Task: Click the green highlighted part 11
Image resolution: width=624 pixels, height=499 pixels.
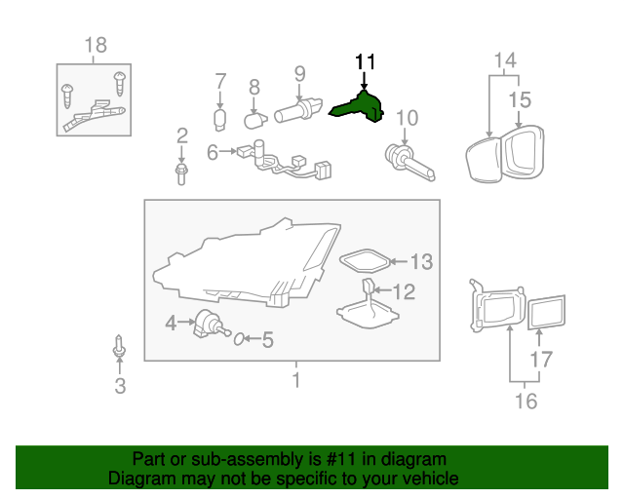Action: point(359,106)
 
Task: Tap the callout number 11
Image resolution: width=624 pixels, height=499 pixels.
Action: point(365,61)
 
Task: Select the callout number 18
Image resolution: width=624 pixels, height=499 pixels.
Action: point(96,45)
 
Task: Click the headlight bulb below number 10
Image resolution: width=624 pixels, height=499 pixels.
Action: point(409,160)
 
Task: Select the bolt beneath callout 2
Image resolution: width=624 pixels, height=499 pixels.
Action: point(181,173)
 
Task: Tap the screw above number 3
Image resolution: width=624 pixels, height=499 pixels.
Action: point(119,348)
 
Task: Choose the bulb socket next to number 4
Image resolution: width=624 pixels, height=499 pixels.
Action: point(206,323)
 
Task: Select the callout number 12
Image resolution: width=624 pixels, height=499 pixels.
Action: point(403,290)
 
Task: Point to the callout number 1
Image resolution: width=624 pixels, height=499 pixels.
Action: point(296,379)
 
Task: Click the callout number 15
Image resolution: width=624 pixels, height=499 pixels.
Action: point(520,99)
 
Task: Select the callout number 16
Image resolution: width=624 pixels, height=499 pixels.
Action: point(525,401)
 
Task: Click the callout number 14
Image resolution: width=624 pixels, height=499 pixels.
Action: point(504,61)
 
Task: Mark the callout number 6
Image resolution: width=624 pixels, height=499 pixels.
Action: point(212,151)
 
